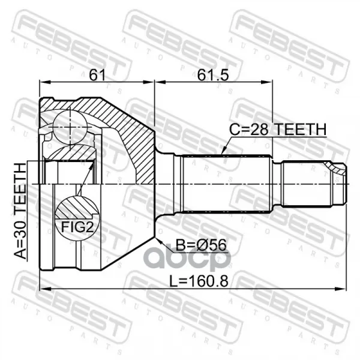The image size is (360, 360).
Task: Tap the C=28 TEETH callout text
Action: tap(278, 129)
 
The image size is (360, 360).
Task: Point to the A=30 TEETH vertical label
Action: tap(20, 211)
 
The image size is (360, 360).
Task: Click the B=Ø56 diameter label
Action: tap(200, 245)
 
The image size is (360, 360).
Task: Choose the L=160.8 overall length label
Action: tap(199, 281)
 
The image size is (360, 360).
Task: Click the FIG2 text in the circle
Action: tap(77, 227)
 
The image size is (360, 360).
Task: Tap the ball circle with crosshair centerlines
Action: tap(70, 127)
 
